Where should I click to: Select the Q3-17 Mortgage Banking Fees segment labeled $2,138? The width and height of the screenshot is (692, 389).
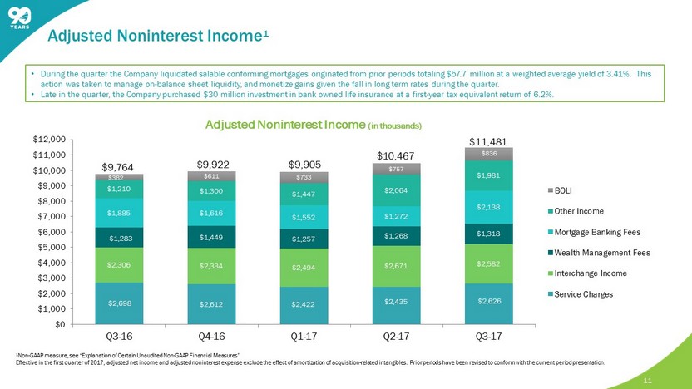point(488,208)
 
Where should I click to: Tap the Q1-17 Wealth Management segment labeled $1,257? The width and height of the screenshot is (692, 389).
point(303,239)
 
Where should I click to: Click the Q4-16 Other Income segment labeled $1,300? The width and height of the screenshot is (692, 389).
point(210,191)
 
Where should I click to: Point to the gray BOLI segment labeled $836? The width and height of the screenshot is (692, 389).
point(488,154)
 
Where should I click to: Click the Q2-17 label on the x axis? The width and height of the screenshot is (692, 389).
point(395,338)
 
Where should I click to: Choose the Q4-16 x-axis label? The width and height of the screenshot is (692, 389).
point(210,338)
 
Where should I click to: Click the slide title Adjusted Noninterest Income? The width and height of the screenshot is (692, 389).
point(157,36)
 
